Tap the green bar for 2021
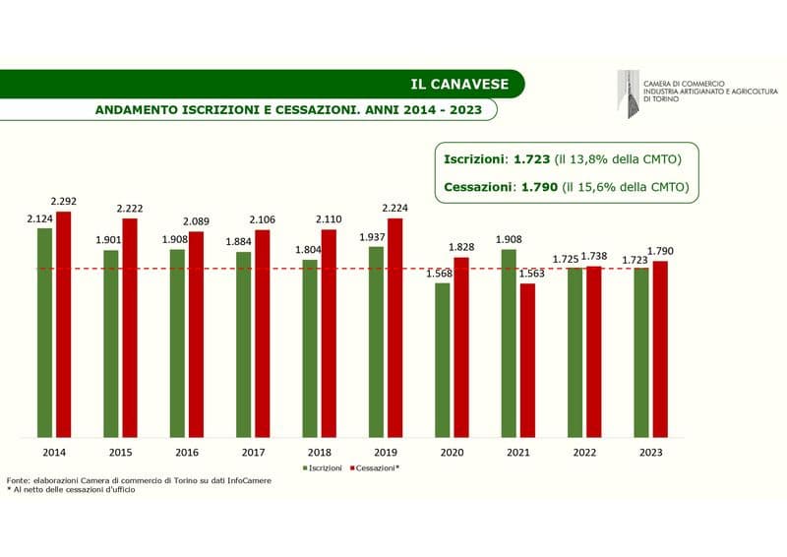click(x=509, y=343)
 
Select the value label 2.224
click(x=395, y=209)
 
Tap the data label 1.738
click(x=594, y=256)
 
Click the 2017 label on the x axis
click(x=253, y=452)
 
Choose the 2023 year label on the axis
click(x=651, y=452)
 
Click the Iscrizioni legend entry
click(x=323, y=468)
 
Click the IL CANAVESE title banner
click(x=459, y=84)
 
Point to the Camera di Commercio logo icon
click(x=627, y=91)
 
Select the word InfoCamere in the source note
click(x=248, y=480)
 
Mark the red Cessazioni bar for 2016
click(x=196, y=335)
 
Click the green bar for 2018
click(x=310, y=348)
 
